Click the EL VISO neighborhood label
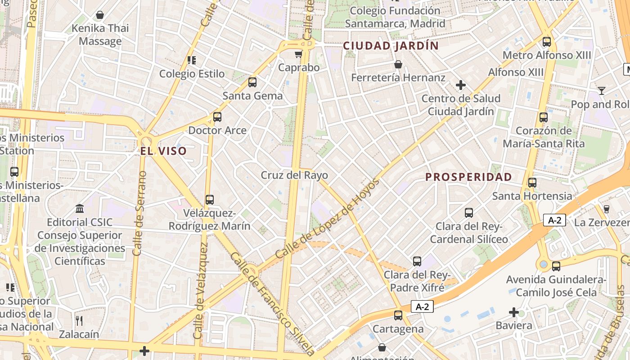click(x=163, y=151)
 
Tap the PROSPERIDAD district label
click(x=468, y=177)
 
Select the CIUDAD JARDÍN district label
click(x=391, y=46)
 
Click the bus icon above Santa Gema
click(x=252, y=82)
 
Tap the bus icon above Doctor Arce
click(x=217, y=117)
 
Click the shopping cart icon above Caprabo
click(x=298, y=54)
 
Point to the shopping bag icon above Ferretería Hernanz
click(x=398, y=64)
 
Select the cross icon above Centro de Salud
click(x=460, y=85)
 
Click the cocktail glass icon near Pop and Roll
click(x=601, y=91)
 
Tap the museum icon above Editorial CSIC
click(x=80, y=208)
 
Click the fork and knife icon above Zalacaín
click(x=79, y=321)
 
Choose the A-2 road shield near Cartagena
click(x=422, y=307)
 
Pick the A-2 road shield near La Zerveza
click(x=554, y=220)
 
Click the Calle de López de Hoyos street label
click(x=327, y=219)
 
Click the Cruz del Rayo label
click(x=294, y=175)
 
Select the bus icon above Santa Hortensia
click(x=532, y=183)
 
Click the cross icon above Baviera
click(x=513, y=312)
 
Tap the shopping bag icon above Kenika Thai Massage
click(x=100, y=15)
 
